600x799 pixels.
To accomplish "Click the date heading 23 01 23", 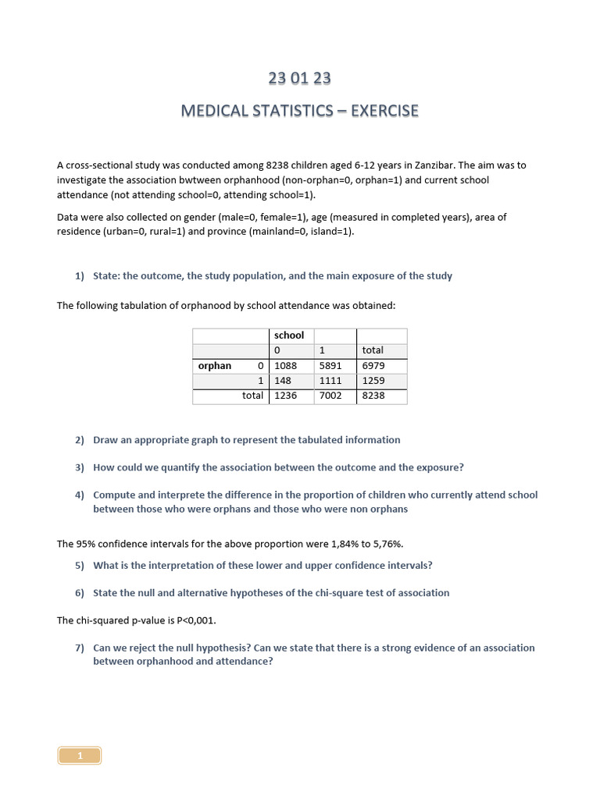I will (299, 78).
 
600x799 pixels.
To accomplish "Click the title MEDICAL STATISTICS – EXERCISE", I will (299, 111).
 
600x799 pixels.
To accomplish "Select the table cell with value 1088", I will (286, 366).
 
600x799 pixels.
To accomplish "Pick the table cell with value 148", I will (282, 381).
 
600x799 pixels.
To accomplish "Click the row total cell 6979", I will (373, 366).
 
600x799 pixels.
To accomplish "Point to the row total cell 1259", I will (373, 381).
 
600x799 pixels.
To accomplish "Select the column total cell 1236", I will (286, 396).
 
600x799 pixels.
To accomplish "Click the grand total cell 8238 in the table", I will (373, 396).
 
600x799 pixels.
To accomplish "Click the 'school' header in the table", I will (289, 336).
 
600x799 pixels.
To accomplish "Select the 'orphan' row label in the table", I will (215, 366).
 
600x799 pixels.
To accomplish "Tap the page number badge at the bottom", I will (80, 755).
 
